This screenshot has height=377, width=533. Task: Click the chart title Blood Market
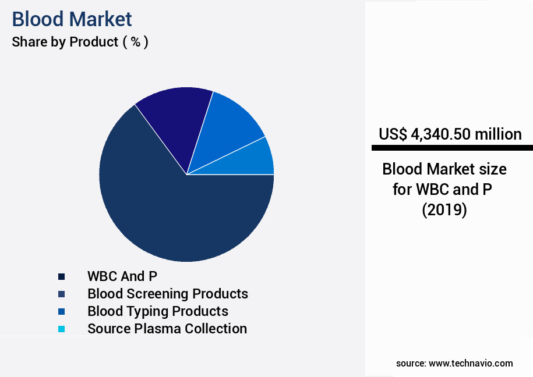coord(72,19)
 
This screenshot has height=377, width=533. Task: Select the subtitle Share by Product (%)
coord(80,42)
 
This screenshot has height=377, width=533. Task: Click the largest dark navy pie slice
coord(175,209)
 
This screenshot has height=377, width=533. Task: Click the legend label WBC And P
coord(122,276)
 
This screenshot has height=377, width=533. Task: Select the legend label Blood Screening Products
coord(167,294)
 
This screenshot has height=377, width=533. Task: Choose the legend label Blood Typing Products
coord(157,311)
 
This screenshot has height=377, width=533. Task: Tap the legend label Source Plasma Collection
coord(167,329)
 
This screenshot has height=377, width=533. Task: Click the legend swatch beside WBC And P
coord(61,276)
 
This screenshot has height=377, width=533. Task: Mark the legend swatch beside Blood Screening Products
coord(61,294)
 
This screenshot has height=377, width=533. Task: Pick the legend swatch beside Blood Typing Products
coord(61,311)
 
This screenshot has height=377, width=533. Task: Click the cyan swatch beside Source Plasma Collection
coord(61,329)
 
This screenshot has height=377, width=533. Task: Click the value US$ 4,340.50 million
coord(450,134)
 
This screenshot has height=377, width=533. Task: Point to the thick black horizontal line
coord(452,148)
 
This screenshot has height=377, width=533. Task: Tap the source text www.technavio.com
coord(471,364)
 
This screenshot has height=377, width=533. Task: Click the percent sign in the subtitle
coord(135,42)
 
